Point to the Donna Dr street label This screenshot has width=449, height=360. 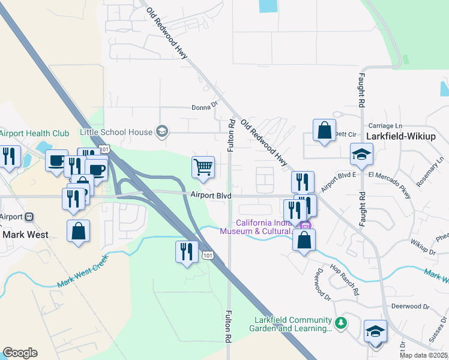click(x=203, y=107)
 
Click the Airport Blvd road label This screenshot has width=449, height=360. click(x=211, y=195)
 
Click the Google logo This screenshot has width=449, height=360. click(x=20, y=353)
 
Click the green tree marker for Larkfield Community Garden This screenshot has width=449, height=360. click(x=341, y=323)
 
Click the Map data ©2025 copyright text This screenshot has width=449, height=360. click(x=424, y=355)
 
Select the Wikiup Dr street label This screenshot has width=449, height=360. click(x=418, y=246)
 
